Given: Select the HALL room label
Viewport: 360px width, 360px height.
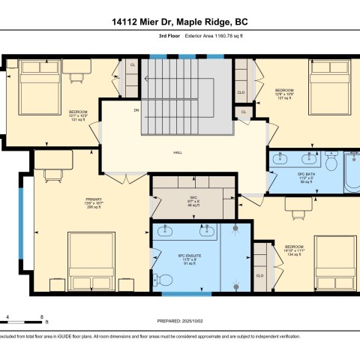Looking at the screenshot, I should (x=178, y=153).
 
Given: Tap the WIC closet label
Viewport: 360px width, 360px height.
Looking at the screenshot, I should (x=193, y=202).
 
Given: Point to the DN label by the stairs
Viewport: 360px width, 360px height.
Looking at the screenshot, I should (x=136, y=110).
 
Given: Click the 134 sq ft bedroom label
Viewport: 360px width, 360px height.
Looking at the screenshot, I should (x=294, y=250).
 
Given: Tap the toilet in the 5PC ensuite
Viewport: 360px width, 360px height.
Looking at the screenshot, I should (x=165, y=280).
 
